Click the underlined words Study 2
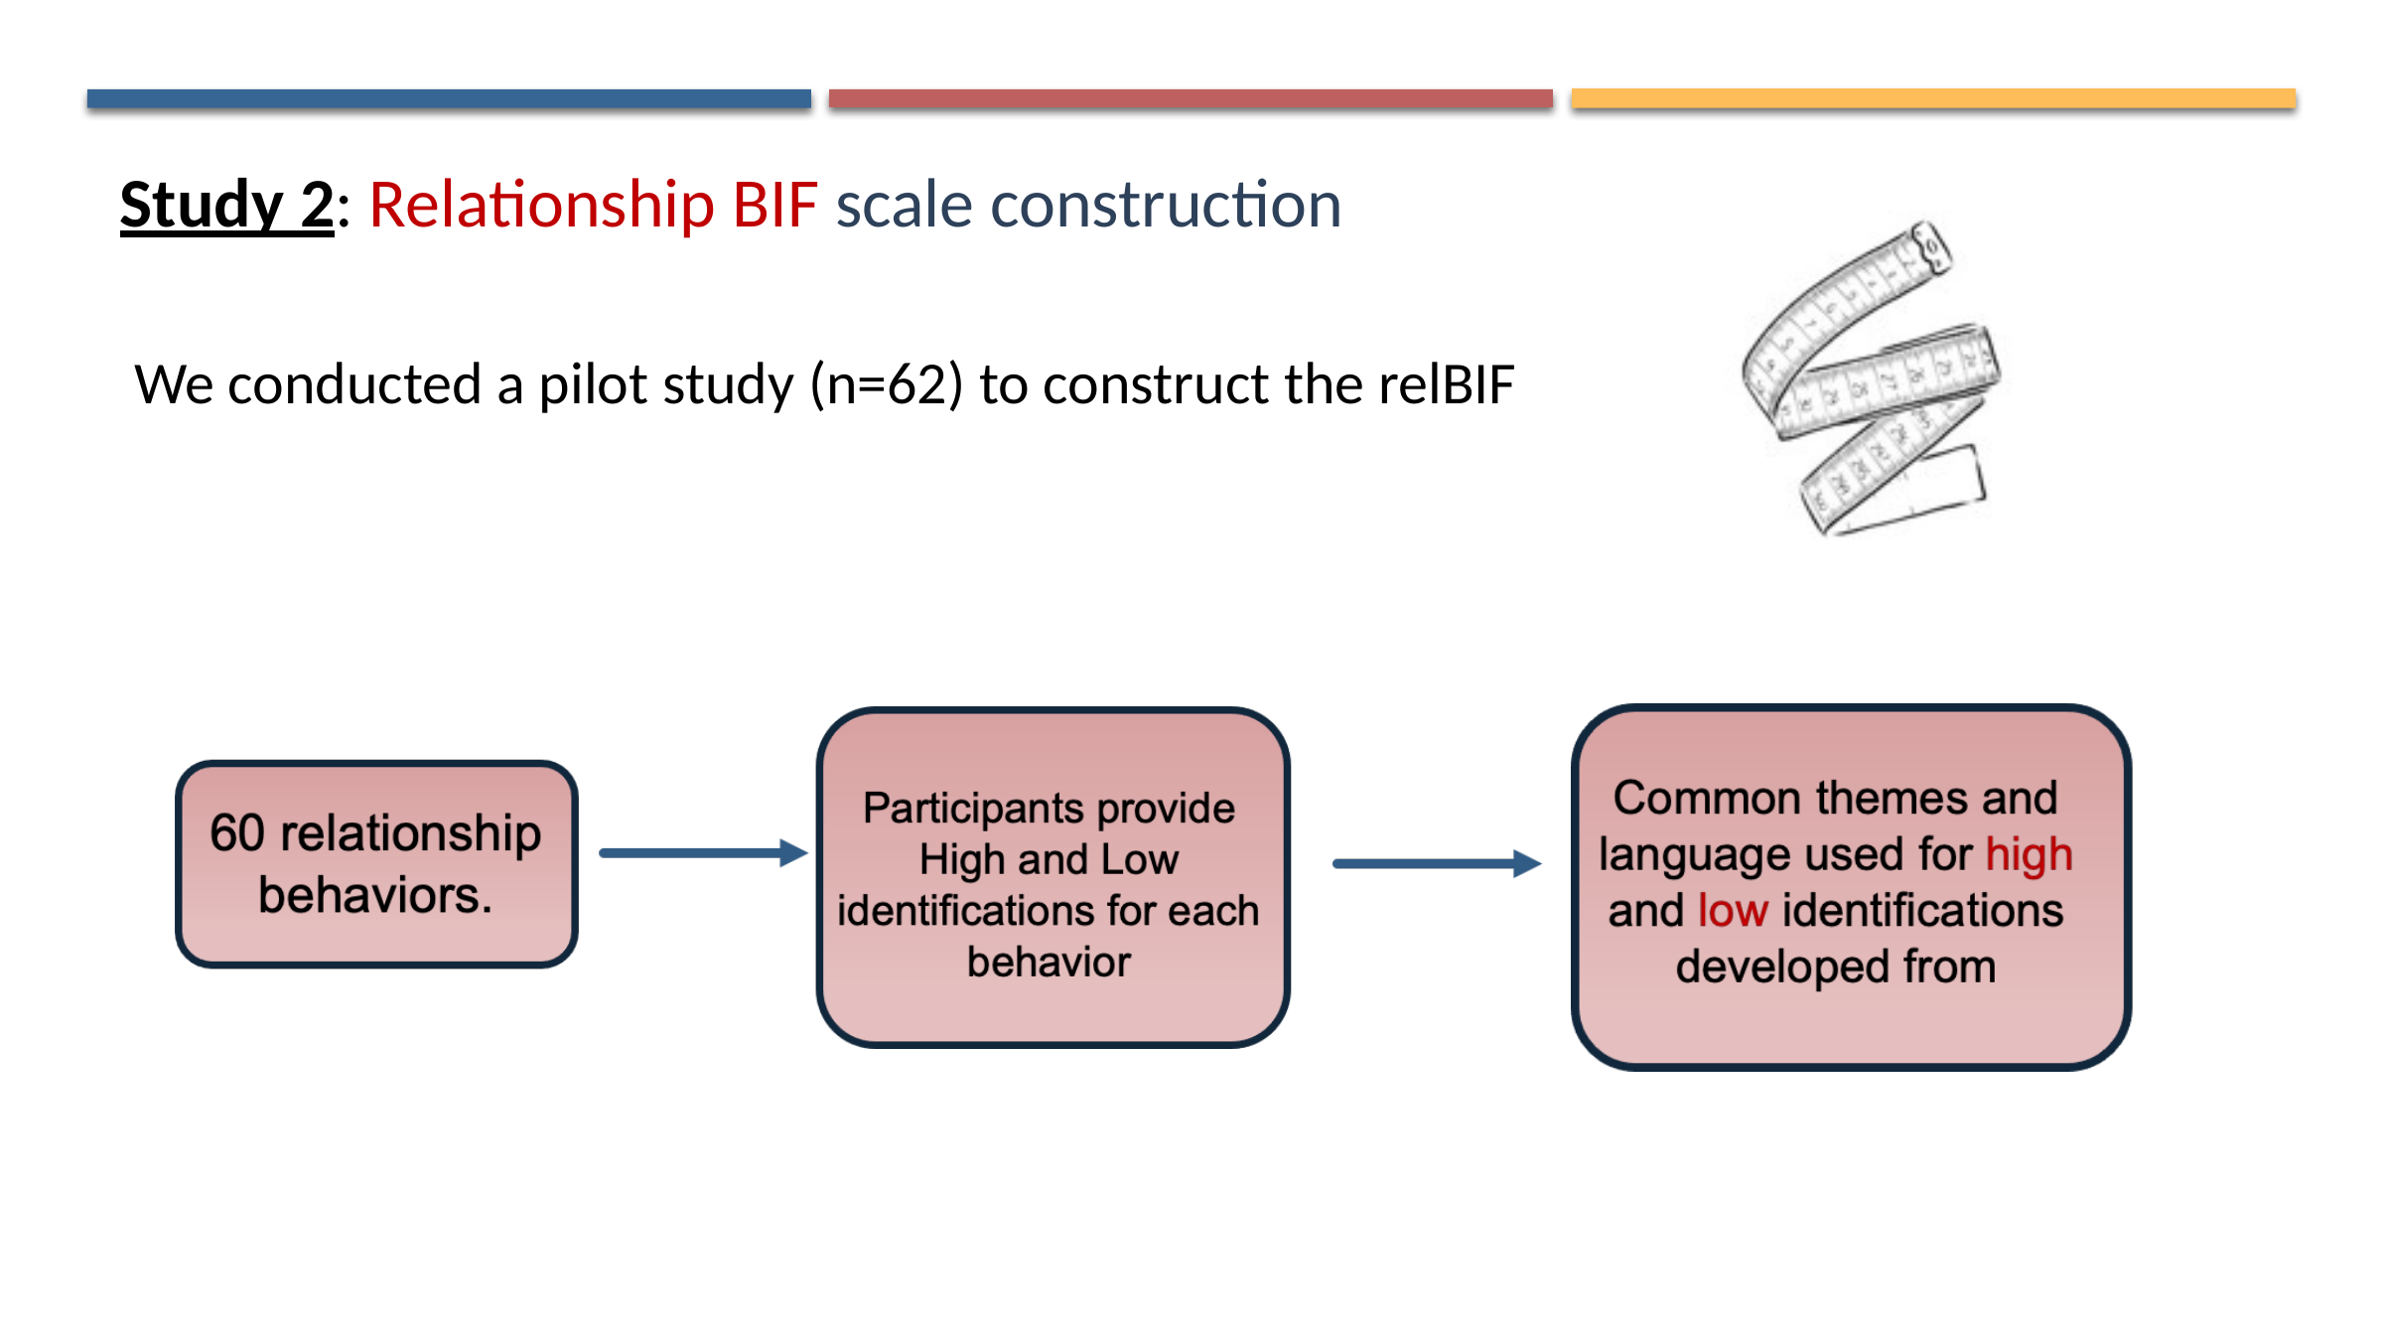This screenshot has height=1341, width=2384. tap(226, 206)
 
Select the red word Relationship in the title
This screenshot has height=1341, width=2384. tap(541, 206)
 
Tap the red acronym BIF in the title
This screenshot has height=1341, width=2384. tap(774, 206)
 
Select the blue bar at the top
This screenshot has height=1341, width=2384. tap(449, 98)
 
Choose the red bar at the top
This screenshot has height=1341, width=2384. tap(1191, 98)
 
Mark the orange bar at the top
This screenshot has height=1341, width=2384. tap(1932, 98)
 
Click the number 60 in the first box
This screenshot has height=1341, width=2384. tap(237, 832)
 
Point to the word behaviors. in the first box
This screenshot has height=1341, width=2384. tap(375, 895)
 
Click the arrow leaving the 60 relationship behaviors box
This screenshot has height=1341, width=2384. tap(703, 853)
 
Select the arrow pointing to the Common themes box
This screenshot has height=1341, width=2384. tap(1436, 864)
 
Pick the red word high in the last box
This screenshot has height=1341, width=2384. tap(2029, 854)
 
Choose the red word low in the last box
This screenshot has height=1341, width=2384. tap(1733, 911)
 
